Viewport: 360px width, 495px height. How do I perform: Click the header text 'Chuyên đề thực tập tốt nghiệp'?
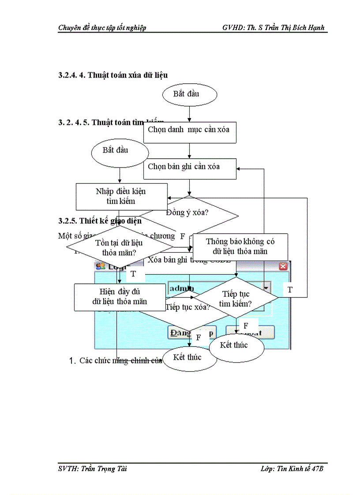[102, 28]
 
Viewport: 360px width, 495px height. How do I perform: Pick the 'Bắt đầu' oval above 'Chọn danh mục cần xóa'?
[189, 94]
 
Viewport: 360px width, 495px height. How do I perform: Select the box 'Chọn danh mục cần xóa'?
[189, 130]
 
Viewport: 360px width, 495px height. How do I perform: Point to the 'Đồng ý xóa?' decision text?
[187, 212]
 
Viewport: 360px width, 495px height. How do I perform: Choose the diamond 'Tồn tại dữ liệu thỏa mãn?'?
[119, 247]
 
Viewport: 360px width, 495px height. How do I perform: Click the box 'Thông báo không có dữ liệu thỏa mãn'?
[240, 246]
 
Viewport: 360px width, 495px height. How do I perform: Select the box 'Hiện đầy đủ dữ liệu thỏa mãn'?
[120, 297]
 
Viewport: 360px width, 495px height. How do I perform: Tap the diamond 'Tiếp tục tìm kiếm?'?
[236, 298]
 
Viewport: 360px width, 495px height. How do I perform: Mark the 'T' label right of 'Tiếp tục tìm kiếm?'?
[290, 290]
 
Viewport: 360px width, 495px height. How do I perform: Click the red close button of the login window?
[283, 266]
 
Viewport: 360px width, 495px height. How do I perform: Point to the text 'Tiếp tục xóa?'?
[187, 307]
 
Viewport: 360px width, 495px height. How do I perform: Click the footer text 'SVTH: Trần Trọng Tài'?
[93, 469]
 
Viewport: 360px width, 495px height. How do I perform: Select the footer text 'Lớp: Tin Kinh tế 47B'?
[292, 469]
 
